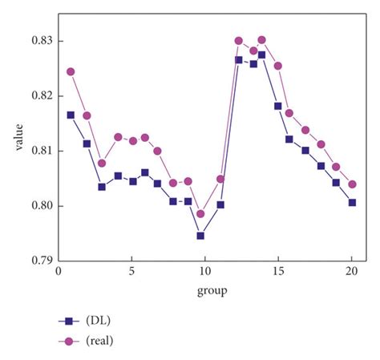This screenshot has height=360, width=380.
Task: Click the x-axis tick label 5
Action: [131, 272]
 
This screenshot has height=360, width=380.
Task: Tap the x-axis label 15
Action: [278, 272]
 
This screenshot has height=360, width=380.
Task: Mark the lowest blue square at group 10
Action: [200, 236]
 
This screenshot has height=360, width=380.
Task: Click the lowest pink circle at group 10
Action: [200, 214]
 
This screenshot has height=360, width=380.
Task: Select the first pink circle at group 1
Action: [71, 71]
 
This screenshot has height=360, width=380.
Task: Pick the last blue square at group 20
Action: [352, 203]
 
